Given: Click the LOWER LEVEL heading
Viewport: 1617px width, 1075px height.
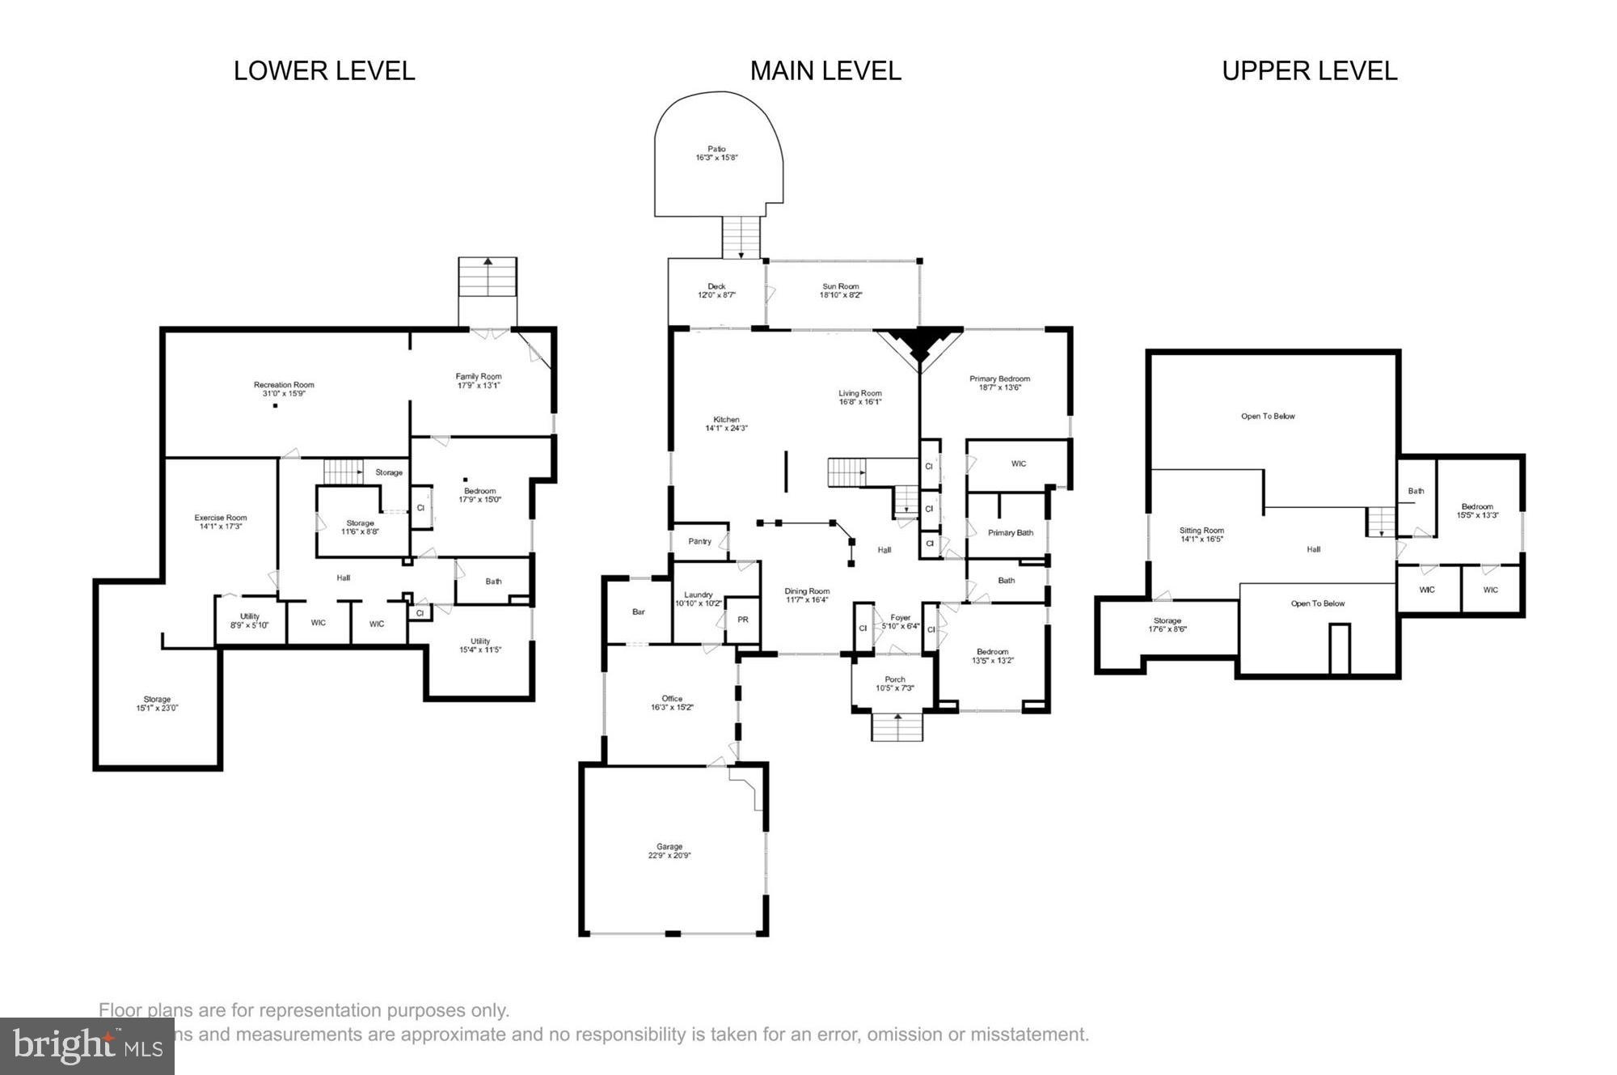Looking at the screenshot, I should tap(324, 71).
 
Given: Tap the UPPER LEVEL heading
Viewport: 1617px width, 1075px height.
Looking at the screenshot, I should tap(1309, 71).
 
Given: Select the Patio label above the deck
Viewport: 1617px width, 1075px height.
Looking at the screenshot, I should tap(716, 150).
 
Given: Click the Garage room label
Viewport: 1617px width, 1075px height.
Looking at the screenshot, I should tap(669, 847).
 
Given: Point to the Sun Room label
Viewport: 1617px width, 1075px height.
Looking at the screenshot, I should tap(840, 286).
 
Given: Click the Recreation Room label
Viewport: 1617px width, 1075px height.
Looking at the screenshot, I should tap(284, 385).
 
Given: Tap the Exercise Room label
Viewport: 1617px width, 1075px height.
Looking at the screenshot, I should tap(221, 518).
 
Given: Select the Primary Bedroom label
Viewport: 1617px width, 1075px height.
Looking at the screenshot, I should tap(999, 379).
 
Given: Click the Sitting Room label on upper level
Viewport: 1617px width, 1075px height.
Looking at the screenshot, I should tap(1201, 531).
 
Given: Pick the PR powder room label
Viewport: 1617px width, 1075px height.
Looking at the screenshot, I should tap(742, 620).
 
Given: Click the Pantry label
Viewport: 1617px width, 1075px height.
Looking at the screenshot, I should tap(699, 541).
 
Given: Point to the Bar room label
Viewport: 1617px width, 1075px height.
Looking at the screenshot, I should tap(639, 612).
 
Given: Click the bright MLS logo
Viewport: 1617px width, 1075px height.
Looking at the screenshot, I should tap(87, 1046).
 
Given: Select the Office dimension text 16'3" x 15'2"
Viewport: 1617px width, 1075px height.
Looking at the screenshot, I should tap(672, 708).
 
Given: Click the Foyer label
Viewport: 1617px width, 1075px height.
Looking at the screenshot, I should tap(900, 617).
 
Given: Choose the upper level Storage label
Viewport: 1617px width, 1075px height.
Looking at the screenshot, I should tap(1167, 620).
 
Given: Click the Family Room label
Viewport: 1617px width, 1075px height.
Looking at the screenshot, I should tap(479, 376).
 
